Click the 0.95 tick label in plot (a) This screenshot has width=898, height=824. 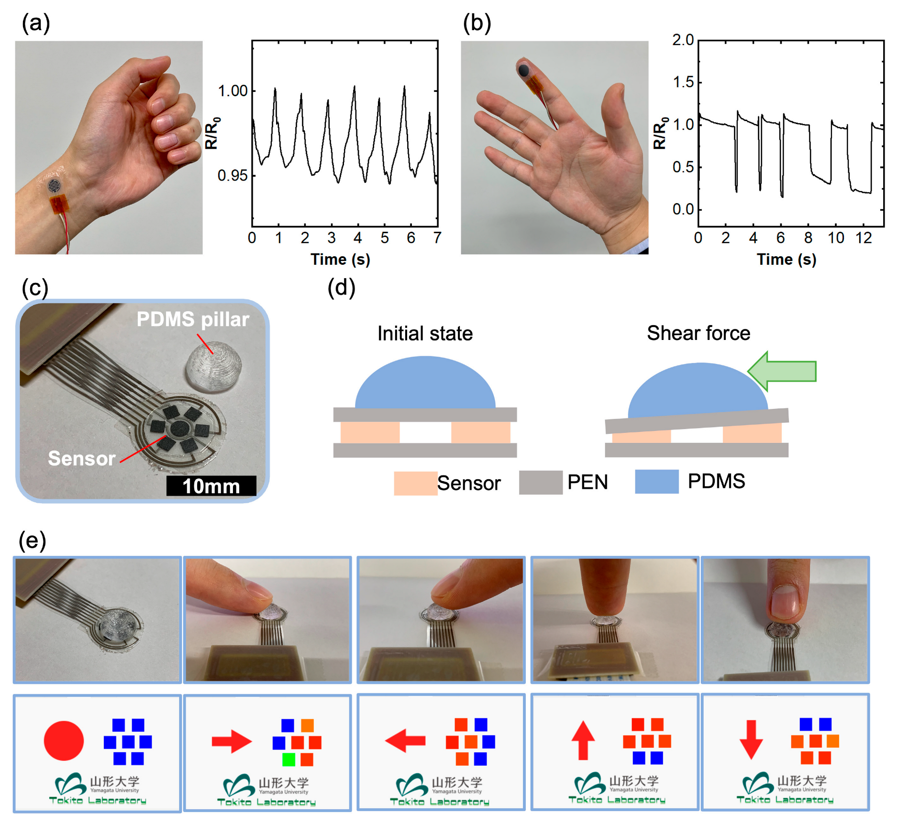point(233,176)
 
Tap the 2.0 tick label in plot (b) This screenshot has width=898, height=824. point(683,40)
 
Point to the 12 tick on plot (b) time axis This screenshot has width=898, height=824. point(864,238)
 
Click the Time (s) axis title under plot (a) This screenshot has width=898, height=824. point(340,260)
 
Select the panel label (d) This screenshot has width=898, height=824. point(341,288)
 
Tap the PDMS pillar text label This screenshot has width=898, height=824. point(193,319)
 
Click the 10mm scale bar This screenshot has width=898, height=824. point(211,486)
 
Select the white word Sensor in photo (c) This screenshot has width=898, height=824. point(82,459)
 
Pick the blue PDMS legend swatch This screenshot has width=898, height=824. point(656,481)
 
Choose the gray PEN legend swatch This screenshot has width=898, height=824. point(541,482)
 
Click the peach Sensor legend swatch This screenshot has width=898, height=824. point(415,483)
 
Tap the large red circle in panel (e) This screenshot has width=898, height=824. point(64,740)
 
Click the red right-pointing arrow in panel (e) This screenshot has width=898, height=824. point(232,741)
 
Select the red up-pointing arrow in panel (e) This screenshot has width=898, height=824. point(583,740)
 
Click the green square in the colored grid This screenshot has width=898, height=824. point(288,759)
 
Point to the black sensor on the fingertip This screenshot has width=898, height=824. point(523,70)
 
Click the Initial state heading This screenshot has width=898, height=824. point(425,334)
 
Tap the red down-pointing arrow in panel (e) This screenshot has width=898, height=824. point(751,740)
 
